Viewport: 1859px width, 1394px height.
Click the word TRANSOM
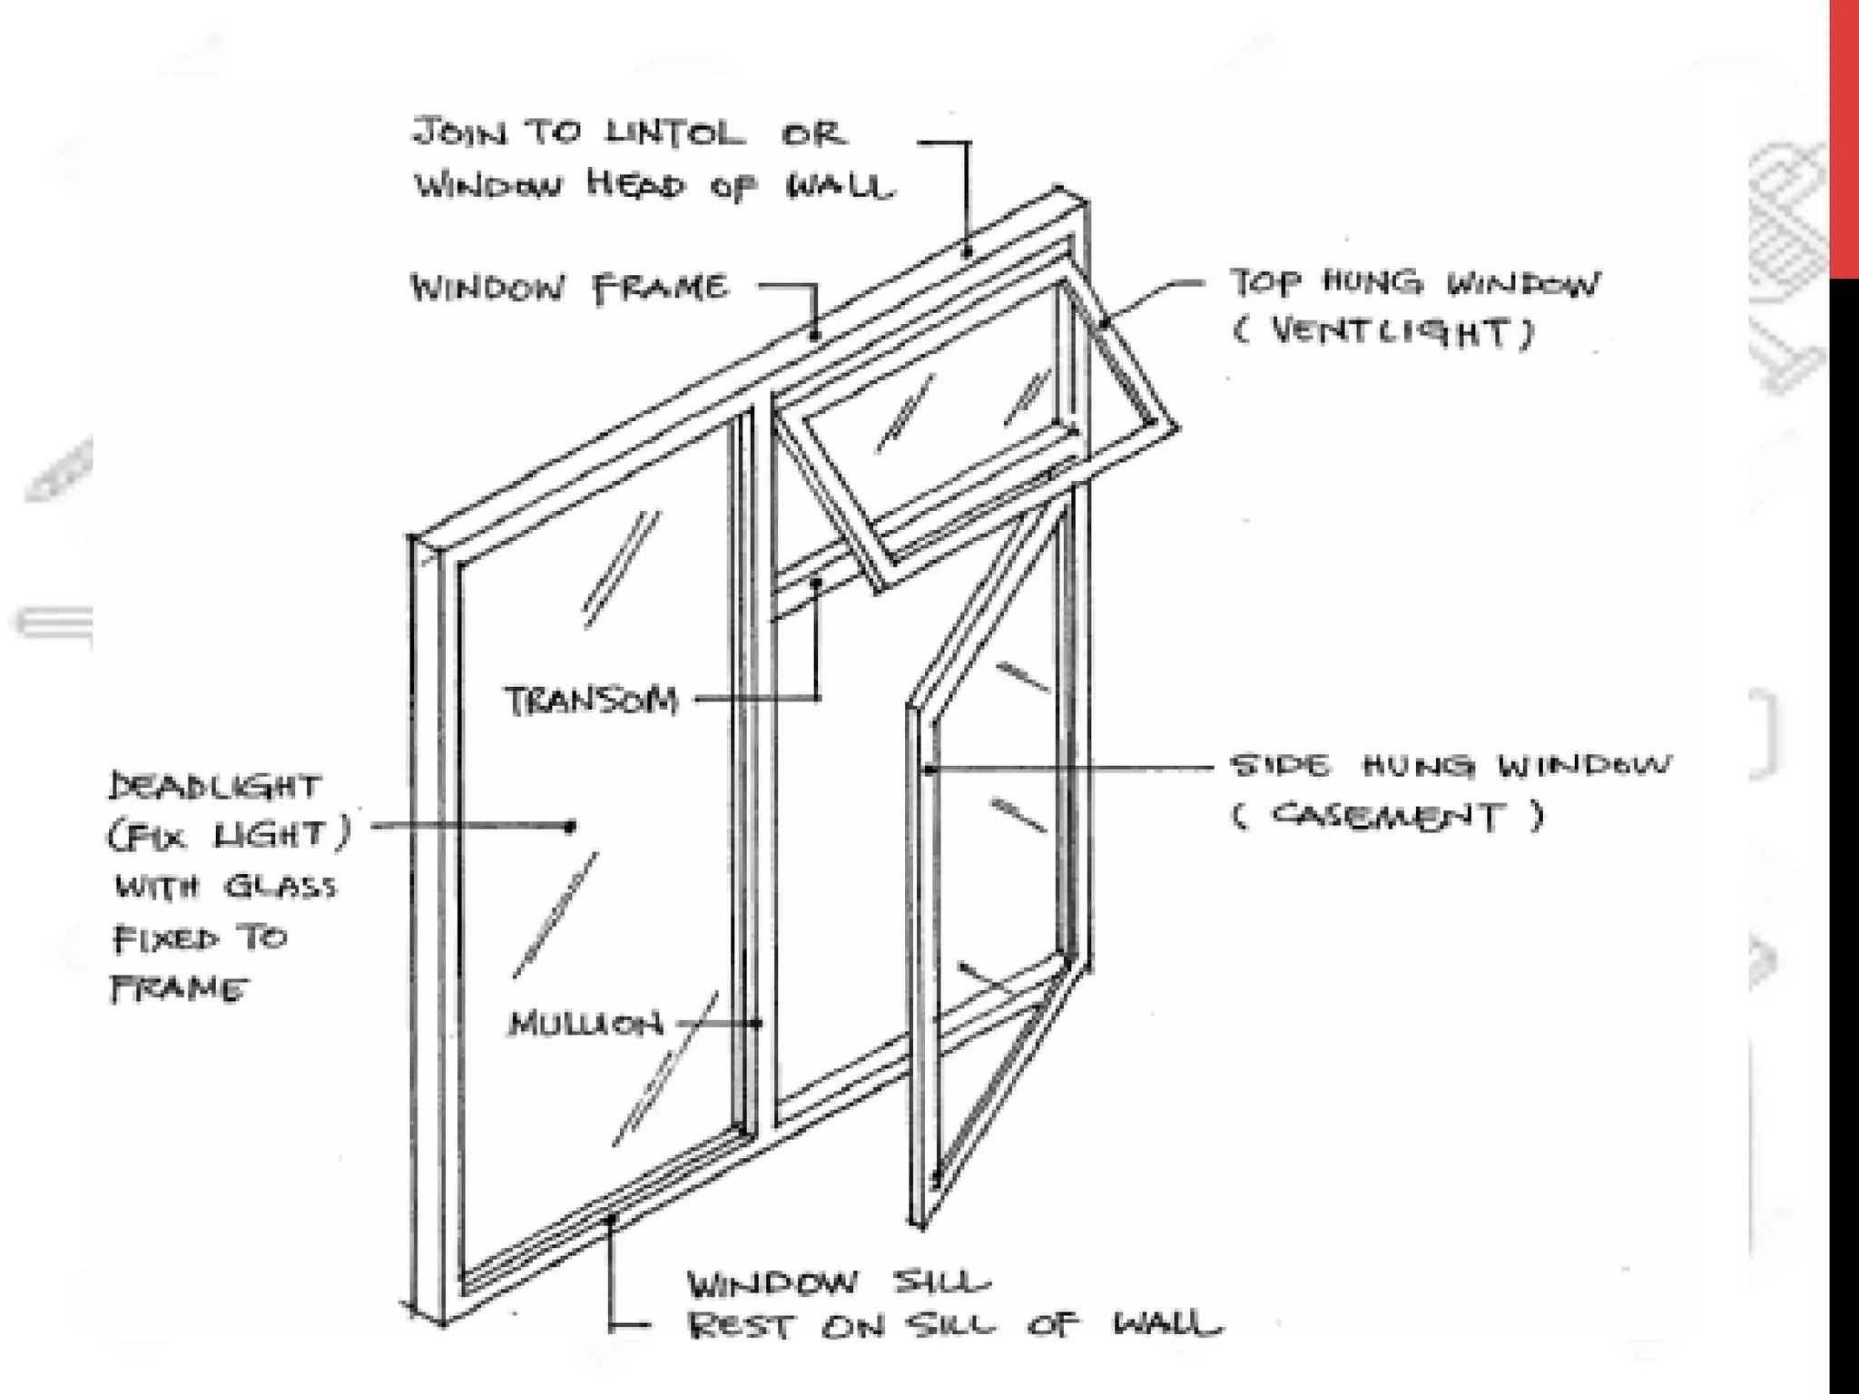point(591,701)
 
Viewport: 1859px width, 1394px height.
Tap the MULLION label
point(586,1025)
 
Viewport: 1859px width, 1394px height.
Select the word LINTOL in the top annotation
point(674,133)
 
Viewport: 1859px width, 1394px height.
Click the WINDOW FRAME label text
point(569,289)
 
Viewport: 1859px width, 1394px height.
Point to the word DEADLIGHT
point(215,786)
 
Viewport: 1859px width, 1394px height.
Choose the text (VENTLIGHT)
point(1383,332)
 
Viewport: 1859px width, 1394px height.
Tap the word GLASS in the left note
point(280,886)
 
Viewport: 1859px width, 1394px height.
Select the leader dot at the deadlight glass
point(571,826)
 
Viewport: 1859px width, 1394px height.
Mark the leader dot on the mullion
point(759,1024)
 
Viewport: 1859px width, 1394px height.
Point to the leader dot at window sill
point(612,1219)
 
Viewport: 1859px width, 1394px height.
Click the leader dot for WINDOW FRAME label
point(815,335)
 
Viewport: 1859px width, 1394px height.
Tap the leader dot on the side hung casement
point(929,770)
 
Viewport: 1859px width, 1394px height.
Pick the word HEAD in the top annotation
point(635,185)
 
